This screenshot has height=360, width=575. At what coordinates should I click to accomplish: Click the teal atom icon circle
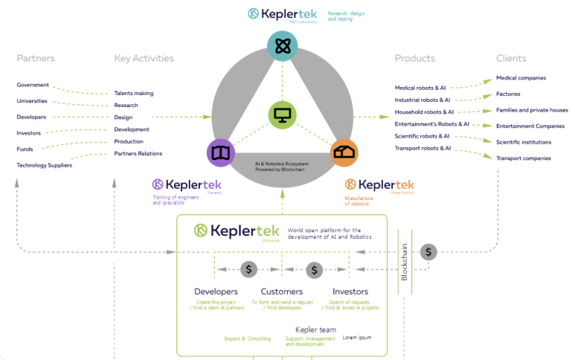(283, 47)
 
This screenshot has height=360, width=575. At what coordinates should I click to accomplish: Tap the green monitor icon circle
(283, 115)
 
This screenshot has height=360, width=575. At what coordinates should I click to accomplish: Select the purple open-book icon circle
(220, 152)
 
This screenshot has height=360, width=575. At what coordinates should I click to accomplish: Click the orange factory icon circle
(344, 152)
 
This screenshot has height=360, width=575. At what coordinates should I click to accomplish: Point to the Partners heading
(36, 58)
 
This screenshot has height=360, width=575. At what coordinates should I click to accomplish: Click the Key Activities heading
(144, 58)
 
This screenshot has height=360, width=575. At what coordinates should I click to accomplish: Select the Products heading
(414, 58)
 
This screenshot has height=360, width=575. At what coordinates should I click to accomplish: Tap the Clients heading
(511, 58)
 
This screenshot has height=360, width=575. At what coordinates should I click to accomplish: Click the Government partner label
(33, 85)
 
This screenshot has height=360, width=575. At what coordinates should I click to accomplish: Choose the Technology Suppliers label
(45, 165)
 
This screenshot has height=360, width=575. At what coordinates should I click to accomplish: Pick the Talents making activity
(134, 93)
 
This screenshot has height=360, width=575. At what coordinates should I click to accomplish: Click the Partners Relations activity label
(138, 153)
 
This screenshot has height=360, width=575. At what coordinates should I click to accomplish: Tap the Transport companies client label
(524, 158)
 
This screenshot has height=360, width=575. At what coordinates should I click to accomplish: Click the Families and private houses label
(532, 110)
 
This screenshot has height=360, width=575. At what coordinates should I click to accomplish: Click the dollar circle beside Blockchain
(428, 251)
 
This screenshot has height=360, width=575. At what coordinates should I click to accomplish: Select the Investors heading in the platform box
(350, 292)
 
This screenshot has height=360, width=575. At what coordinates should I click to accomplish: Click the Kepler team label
(315, 330)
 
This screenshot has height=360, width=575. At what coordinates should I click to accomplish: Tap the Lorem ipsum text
(357, 338)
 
